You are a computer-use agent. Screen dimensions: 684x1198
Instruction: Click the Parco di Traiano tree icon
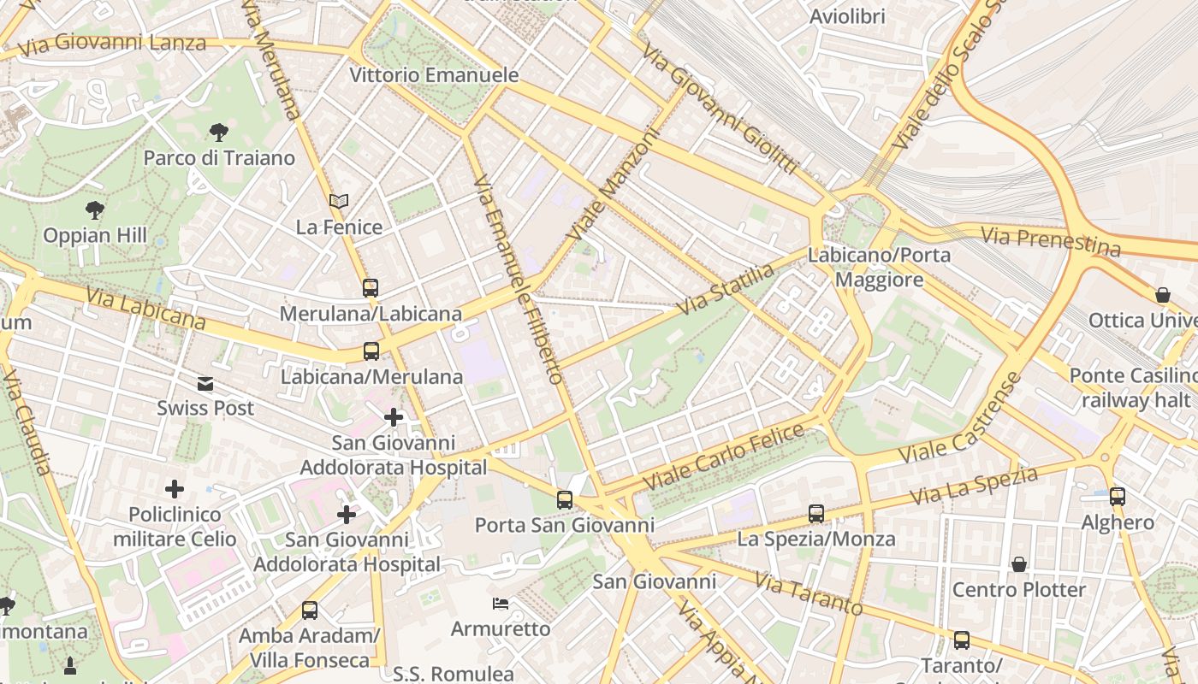click(x=219, y=132)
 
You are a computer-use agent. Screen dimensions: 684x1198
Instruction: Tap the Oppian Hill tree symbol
click(x=95, y=209)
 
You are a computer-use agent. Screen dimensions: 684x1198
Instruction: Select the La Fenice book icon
click(x=339, y=201)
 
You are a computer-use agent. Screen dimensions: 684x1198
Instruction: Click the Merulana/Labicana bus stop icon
click(x=371, y=288)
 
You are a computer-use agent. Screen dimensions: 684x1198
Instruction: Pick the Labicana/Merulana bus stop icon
click(x=371, y=351)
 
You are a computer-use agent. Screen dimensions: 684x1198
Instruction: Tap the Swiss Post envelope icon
click(x=205, y=383)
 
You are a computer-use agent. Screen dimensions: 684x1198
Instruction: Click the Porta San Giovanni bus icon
click(x=565, y=500)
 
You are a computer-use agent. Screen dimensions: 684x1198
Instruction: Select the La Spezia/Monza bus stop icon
click(x=816, y=514)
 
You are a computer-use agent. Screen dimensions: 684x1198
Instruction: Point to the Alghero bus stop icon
click(x=1118, y=497)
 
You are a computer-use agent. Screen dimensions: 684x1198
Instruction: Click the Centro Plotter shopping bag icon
click(x=1019, y=564)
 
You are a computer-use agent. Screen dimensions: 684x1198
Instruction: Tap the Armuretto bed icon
click(x=501, y=604)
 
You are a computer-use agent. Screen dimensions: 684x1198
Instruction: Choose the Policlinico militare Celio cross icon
click(x=175, y=489)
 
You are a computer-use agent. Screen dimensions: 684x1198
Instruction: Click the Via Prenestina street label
click(x=1050, y=241)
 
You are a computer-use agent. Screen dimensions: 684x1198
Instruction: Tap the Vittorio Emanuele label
click(x=434, y=75)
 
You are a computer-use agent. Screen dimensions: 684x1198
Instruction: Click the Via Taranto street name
click(x=808, y=593)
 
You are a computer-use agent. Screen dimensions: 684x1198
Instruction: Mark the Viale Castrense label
click(x=962, y=422)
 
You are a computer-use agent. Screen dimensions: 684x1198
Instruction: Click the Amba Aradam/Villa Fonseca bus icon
click(x=310, y=610)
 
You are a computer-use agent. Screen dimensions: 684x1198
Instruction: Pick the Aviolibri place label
click(x=847, y=16)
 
